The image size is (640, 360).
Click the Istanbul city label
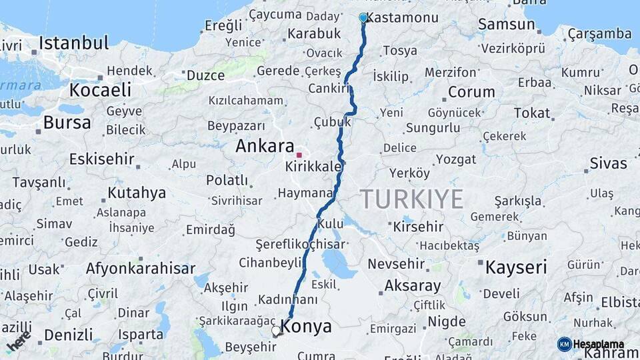73,43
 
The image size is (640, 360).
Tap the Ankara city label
265,146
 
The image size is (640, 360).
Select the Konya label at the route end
306,327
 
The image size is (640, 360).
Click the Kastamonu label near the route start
403,18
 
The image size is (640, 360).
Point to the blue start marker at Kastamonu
363,17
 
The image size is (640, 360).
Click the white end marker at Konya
276,331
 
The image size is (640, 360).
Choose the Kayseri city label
516,268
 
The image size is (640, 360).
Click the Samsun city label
507,25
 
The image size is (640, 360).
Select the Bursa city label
67,123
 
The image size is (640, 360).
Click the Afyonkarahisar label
140,269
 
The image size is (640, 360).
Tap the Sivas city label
608,163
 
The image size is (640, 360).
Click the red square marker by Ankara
299,155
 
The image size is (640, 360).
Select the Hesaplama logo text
599,345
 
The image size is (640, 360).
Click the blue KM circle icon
564,345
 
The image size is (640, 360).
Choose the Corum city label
472,92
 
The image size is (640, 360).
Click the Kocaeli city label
100,90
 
